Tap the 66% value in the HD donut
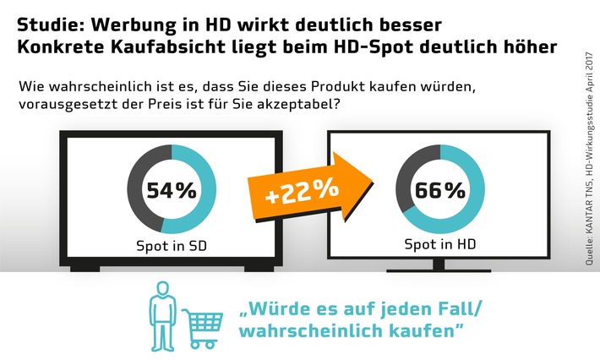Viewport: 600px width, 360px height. pos(438,189)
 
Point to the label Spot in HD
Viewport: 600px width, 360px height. pos(438,248)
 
